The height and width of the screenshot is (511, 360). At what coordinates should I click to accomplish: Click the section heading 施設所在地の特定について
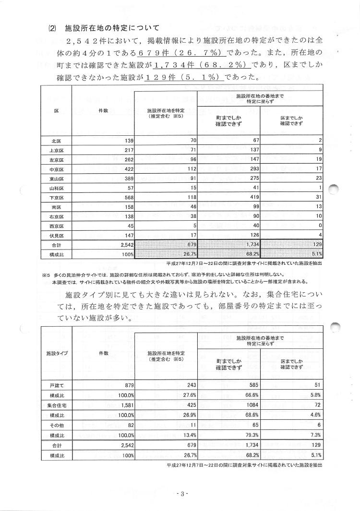pos(112,29)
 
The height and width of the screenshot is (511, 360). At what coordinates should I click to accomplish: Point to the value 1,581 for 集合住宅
pos(124,404)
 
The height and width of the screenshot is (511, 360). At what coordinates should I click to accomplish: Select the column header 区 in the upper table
pos(56,111)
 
